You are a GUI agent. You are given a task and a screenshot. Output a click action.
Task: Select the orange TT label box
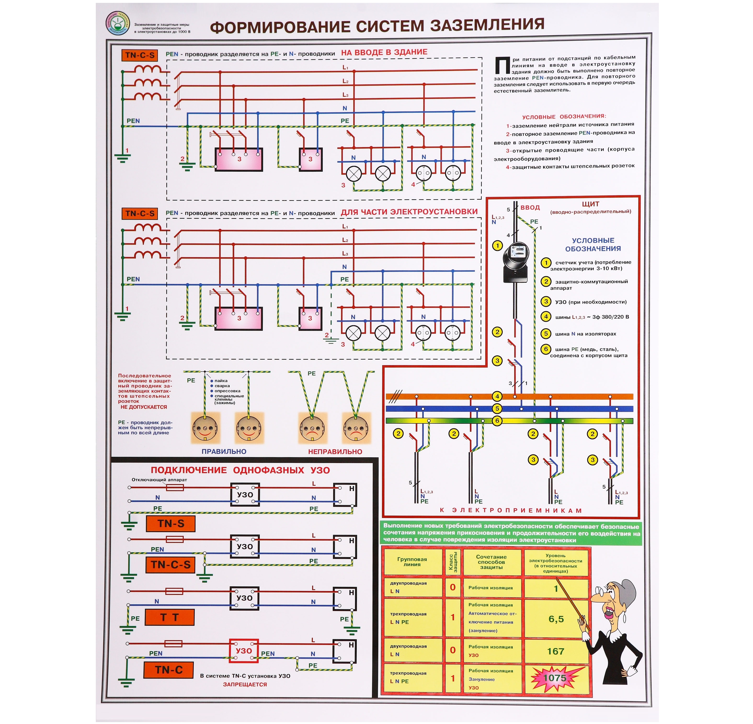tap(169, 617)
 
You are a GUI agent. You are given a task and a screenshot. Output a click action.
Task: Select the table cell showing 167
tap(556, 651)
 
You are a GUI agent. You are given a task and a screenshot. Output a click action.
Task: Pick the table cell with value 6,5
tap(556, 619)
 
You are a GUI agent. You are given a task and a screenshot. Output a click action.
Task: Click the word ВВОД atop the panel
tap(530, 207)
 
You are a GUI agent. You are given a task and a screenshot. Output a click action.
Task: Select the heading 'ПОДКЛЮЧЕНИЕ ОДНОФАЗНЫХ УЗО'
tap(240, 470)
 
